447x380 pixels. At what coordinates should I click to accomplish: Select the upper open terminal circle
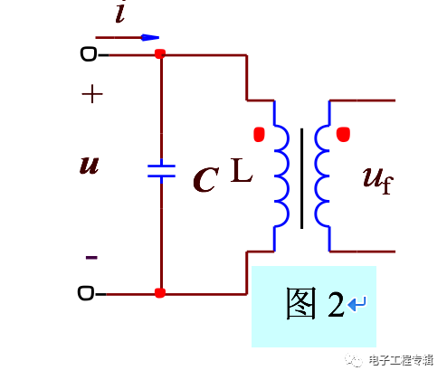point(88,54)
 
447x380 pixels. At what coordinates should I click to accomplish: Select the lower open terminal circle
point(88,293)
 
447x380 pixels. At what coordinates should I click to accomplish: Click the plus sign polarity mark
point(92,93)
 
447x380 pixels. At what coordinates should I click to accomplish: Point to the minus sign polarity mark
point(91,257)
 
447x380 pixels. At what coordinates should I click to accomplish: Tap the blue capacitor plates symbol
point(160,172)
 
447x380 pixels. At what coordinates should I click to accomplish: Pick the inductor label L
point(241,170)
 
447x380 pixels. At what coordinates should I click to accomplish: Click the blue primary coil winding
point(280,176)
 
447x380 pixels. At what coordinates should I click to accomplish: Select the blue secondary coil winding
point(323,176)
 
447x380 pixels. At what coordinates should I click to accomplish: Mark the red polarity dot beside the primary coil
point(259,136)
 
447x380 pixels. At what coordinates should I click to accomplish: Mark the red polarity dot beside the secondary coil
point(343,136)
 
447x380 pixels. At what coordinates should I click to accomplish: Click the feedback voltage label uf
point(378,178)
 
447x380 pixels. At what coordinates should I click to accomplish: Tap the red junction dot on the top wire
point(160,54)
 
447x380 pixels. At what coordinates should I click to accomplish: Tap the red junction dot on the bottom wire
point(160,293)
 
